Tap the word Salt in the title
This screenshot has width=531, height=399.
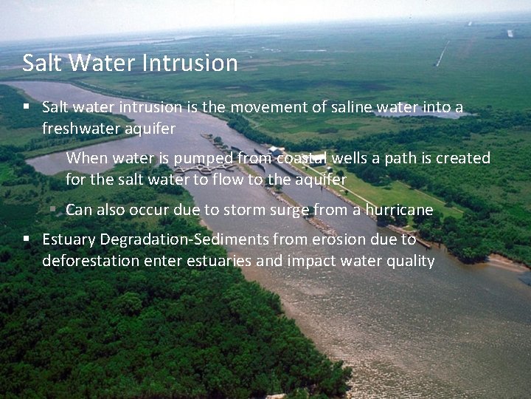[x=39, y=63]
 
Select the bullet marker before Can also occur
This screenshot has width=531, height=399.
[x=53, y=210]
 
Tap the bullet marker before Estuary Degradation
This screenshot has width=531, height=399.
[x=26, y=239]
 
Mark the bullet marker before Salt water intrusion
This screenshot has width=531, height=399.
[x=26, y=107]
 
